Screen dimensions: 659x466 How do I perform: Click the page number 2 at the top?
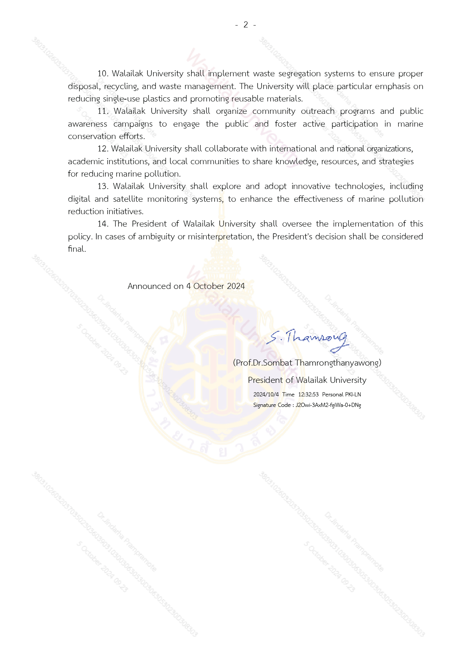coord(246,25)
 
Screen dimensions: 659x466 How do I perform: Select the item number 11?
coord(103,111)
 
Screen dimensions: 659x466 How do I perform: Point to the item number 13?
coord(103,186)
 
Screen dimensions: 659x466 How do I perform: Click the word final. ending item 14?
coord(77,249)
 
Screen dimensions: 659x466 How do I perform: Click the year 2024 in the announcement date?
coord(236,286)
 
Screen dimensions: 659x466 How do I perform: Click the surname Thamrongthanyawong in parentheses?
coord(337,363)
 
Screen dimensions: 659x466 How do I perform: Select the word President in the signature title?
coord(265,380)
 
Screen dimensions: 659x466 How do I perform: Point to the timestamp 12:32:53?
coord(308,394)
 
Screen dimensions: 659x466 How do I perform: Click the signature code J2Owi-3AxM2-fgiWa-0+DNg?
coord(328,405)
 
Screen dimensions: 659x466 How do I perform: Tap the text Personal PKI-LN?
coord(341,394)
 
